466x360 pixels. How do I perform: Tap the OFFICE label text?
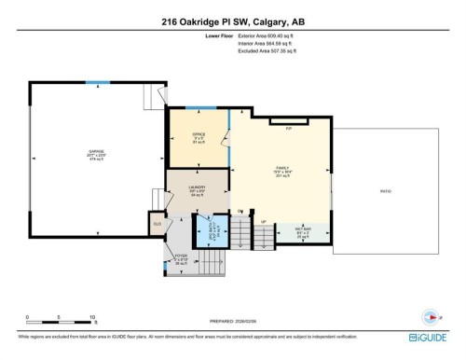198,134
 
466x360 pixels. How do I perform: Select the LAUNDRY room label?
197,187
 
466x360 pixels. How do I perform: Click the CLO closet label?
157,224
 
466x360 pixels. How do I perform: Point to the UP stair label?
264,222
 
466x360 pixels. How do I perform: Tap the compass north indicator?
430,315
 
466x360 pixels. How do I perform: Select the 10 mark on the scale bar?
91,318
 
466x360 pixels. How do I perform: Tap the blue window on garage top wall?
91,83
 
